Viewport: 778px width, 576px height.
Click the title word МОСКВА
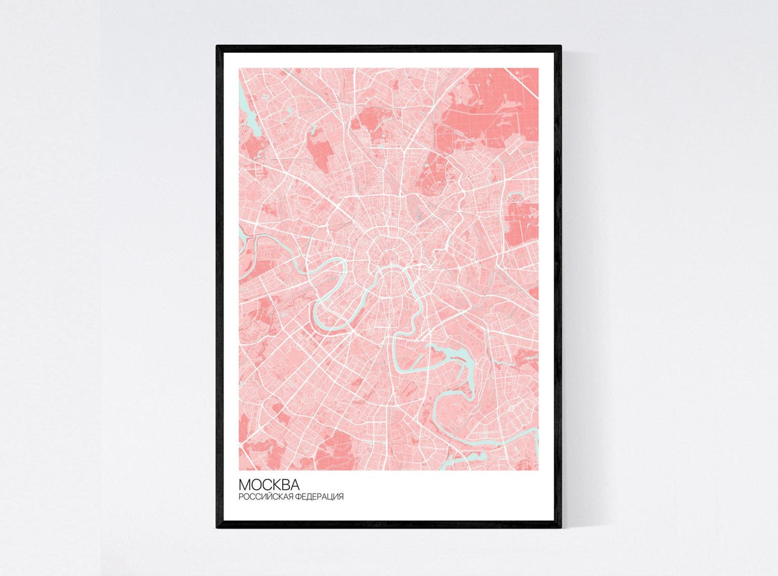(269, 485)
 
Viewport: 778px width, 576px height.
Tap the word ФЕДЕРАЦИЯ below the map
(319, 497)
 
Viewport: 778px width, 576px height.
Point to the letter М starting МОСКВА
(244, 485)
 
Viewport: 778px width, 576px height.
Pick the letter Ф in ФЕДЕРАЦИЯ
(298, 497)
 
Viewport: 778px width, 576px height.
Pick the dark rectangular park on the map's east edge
(522, 223)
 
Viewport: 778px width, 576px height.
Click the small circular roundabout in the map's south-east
(511, 408)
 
